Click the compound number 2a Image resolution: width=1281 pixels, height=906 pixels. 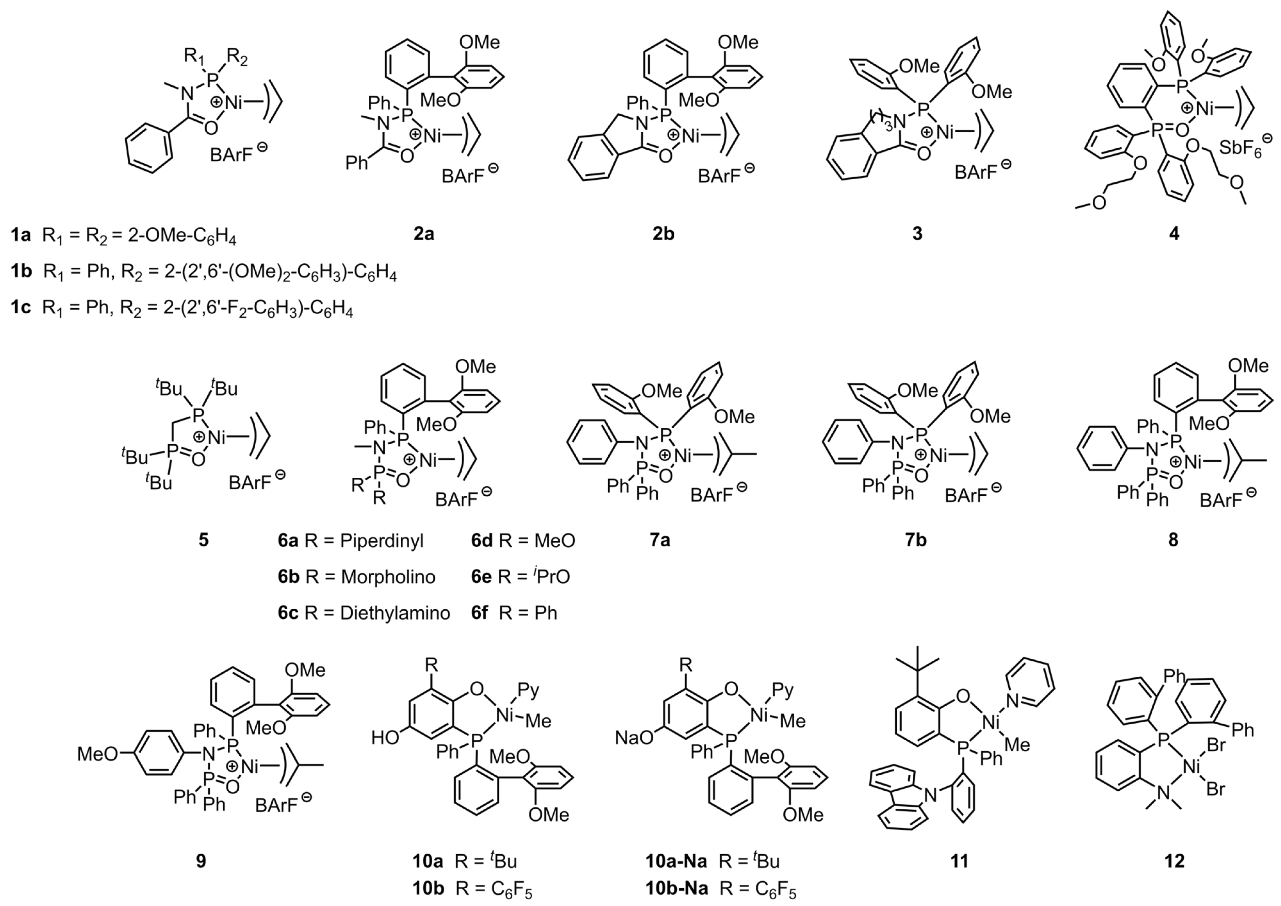coord(423,234)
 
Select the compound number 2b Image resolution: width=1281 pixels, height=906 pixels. coord(663,234)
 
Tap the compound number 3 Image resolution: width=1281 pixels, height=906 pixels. coord(917,234)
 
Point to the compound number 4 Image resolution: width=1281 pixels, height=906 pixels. coord(1174,234)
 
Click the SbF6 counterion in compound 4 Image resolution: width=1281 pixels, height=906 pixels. coord(1240,148)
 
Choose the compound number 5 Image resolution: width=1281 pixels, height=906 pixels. coord(203,540)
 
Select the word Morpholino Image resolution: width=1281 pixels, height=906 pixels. coord(388,576)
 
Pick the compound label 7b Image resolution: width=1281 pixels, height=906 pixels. coord(915,540)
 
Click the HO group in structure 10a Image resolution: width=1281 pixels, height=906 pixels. coord(386,738)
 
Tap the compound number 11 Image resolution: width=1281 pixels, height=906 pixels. coord(959,861)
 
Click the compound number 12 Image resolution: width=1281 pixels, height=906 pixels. coord(1174,861)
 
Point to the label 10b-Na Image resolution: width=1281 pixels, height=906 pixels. coord(676,888)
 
